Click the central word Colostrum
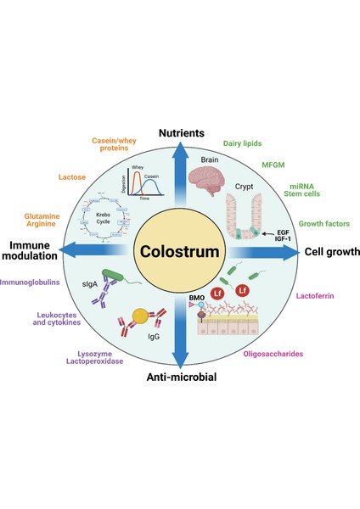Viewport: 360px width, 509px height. [179, 253]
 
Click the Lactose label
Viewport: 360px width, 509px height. [72, 176]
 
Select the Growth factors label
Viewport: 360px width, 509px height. [324, 223]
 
